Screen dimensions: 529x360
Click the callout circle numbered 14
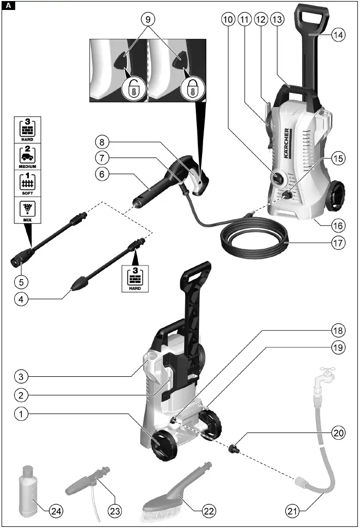[x=339, y=35]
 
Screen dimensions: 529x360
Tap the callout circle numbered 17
[x=339, y=243]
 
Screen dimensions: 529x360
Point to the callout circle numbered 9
[x=149, y=19]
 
